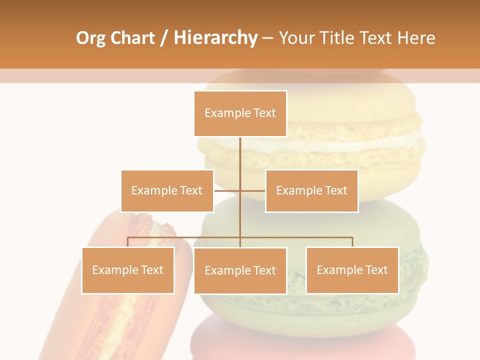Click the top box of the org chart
(x=240, y=113)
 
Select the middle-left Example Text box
(x=167, y=190)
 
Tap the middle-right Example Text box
(x=311, y=190)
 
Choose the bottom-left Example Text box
(x=128, y=270)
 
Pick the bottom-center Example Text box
(x=240, y=270)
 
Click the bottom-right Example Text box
(x=352, y=270)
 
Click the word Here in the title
(x=416, y=38)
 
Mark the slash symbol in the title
(x=164, y=38)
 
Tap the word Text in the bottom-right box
(x=376, y=270)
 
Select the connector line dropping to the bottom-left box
(x=128, y=242)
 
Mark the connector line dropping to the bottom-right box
(x=352, y=242)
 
